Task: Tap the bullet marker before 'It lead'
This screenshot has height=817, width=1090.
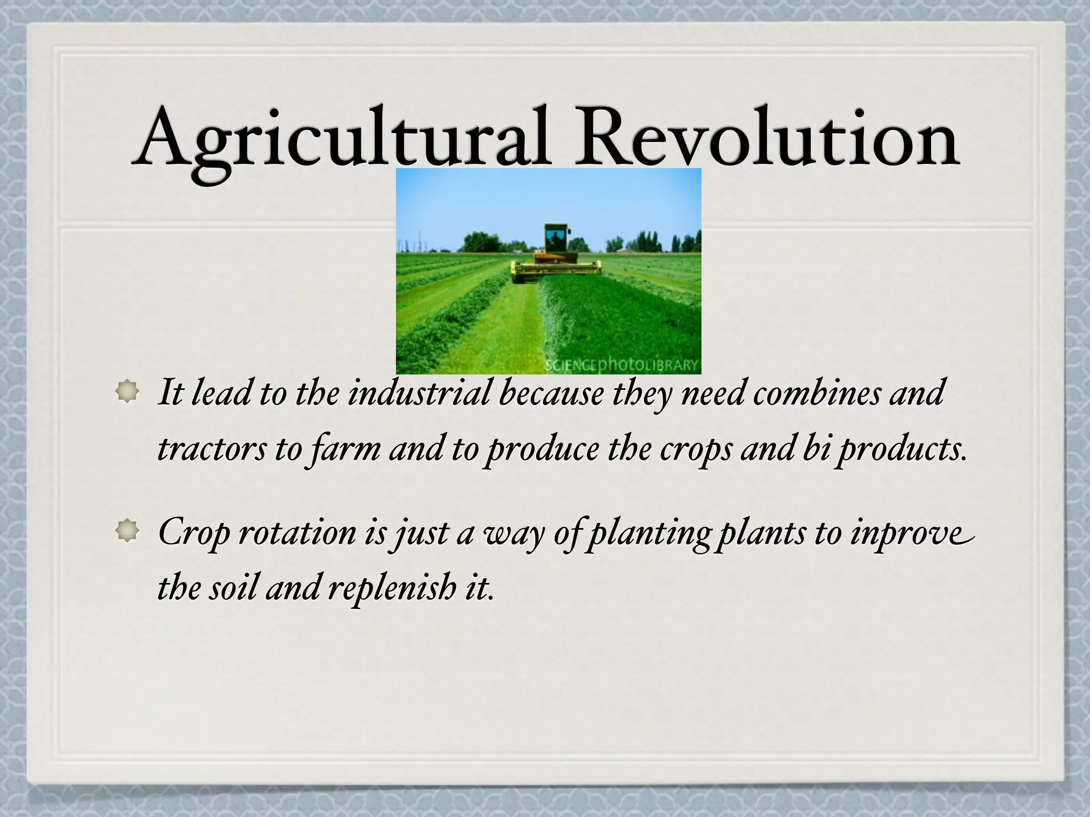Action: point(127,393)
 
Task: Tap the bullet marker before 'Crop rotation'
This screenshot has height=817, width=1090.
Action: point(127,531)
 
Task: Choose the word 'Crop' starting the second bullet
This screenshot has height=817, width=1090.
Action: point(194,532)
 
